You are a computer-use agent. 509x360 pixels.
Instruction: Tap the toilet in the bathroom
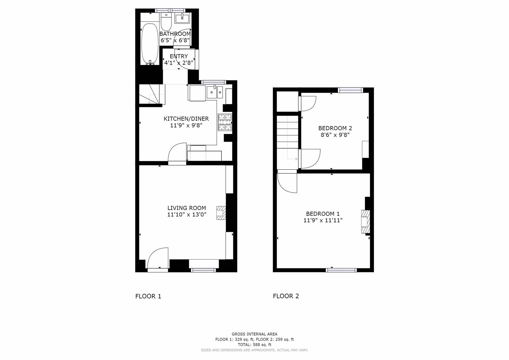(x=166, y=22)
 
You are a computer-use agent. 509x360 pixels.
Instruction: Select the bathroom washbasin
(x=182, y=18)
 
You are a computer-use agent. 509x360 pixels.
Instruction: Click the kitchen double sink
(x=215, y=92)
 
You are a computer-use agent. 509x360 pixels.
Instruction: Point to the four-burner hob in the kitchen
(x=225, y=122)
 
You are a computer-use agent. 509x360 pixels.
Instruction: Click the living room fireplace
(x=221, y=213)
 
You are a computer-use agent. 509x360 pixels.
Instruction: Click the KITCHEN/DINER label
(x=186, y=119)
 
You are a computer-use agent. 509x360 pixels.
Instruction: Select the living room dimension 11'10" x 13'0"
(x=187, y=215)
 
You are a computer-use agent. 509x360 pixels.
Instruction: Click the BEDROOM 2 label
(x=335, y=128)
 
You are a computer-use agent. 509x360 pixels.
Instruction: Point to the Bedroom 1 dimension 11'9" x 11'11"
(x=323, y=220)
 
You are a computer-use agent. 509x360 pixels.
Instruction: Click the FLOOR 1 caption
(x=148, y=296)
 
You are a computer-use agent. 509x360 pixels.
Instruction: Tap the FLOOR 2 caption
(x=286, y=296)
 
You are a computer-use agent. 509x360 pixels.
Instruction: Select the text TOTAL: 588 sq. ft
(x=254, y=345)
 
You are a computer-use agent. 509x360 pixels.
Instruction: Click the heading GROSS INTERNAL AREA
(x=254, y=334)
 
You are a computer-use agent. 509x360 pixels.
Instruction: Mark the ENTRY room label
(x=179, y=56)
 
